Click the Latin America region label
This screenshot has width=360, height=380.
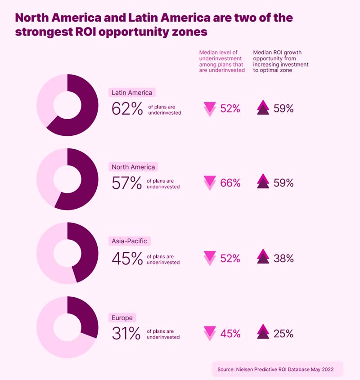pos(132,93)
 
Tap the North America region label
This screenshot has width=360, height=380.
pos(133,167)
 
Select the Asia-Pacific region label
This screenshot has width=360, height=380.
pos(129,241)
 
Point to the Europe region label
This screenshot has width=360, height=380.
pos(122,318)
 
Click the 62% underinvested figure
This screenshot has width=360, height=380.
pos(127,109)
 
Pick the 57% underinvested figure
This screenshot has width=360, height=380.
pos(127,183)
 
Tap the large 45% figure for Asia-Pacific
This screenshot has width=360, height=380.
pos(127,259)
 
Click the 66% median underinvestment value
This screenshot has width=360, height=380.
pos(230,183)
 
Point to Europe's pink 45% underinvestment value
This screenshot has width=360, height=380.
pos(230,334)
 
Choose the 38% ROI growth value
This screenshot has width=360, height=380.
pos(283,259)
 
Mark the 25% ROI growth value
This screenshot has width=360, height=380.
pos(283,334)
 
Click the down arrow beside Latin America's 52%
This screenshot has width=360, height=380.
pos(210,109)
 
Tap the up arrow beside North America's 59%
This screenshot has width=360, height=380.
pos(263,182)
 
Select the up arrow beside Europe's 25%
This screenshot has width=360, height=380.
pos(263,333)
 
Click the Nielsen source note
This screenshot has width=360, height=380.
pos(277,369)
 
